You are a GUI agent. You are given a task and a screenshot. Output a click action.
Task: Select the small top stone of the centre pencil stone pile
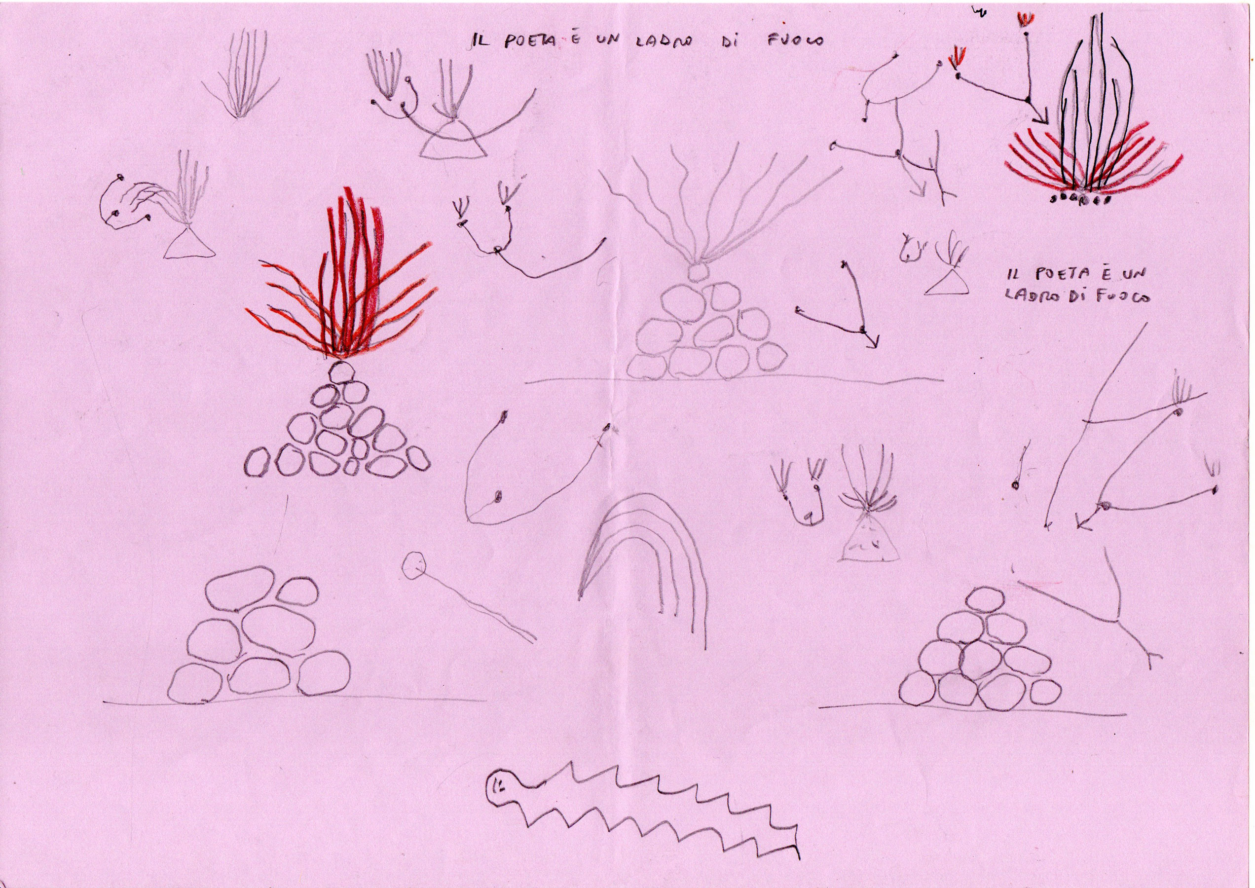696,272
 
